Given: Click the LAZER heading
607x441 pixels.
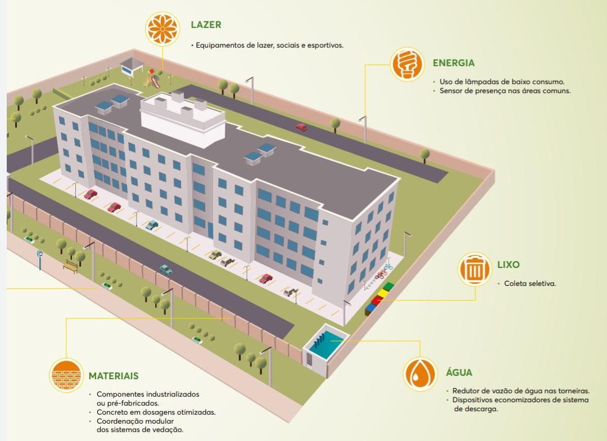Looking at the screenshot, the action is click(206, 25).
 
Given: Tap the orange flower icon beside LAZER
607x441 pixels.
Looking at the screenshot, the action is click(163, 28).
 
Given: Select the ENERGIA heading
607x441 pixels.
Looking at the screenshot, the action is click(454, 63).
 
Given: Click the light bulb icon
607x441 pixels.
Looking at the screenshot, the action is click(407, 64).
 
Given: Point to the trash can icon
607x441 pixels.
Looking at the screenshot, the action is click(474, 269).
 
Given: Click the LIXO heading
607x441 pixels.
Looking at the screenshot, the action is click(508, 265).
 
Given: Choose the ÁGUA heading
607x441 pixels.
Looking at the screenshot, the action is click(459, 372).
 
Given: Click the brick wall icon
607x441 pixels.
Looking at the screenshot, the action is click(66, 375).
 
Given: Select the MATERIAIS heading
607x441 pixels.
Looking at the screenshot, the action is click(114, 376).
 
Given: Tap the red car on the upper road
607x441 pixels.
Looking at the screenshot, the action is click(302, 126).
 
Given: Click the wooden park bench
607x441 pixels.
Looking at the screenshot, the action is click(71, 266).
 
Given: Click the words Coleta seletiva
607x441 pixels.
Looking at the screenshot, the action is click(529, 284).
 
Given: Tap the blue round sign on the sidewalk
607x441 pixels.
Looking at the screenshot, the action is click(40, 253).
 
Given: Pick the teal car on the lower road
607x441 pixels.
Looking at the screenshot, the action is click(166, 269).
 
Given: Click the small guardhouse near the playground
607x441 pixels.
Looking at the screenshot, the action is click(131, 66).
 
